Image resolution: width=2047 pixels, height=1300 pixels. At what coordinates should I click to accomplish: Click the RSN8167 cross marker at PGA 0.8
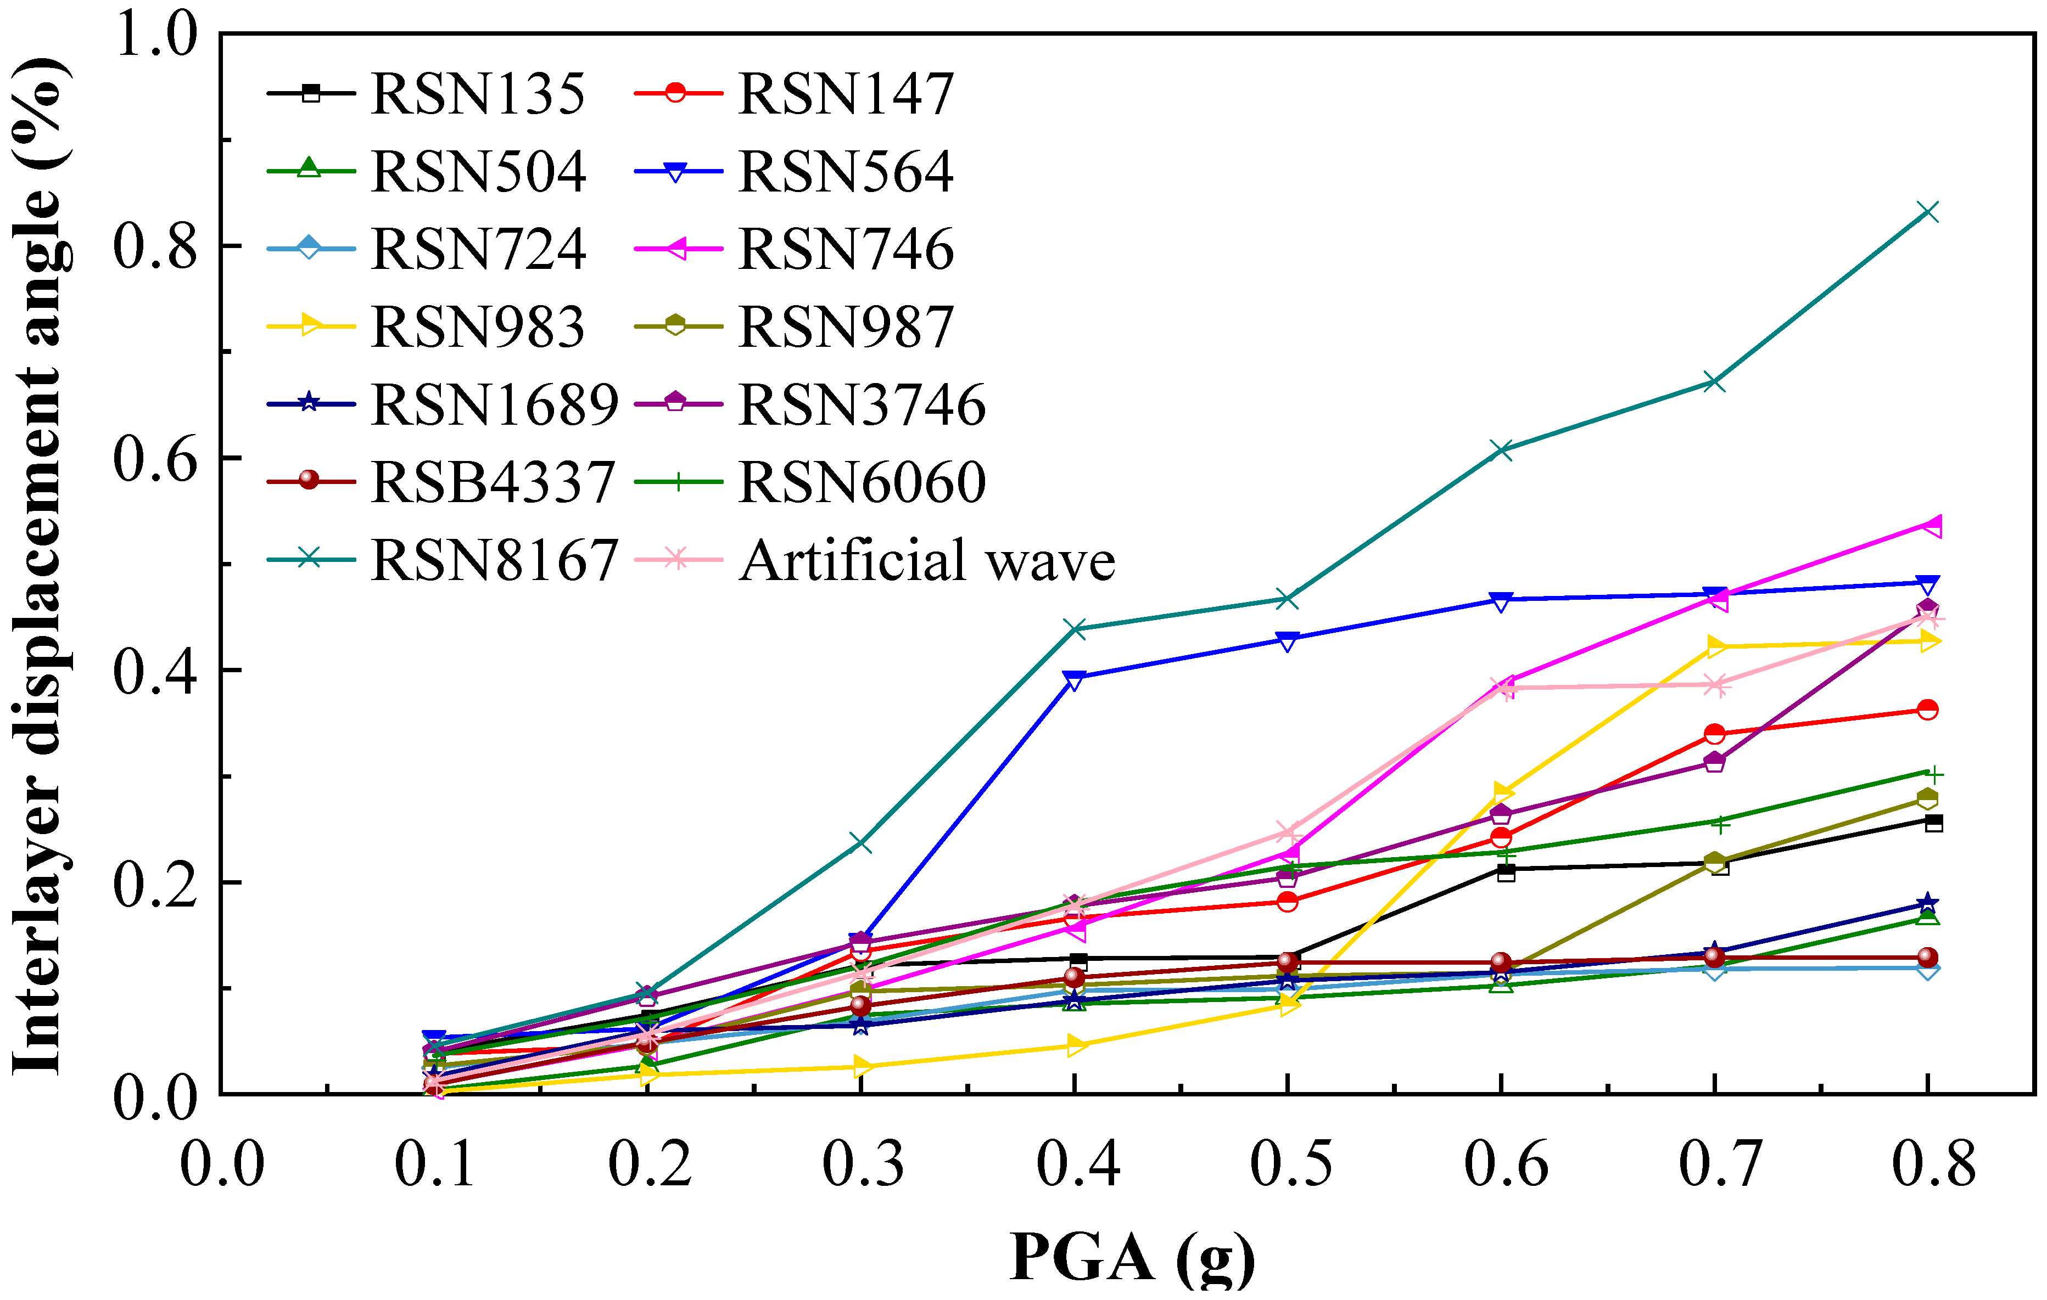1928,212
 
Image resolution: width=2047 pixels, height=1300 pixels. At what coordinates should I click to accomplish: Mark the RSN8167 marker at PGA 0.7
1715,382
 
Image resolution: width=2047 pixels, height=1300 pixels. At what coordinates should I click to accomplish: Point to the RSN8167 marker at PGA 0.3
861,844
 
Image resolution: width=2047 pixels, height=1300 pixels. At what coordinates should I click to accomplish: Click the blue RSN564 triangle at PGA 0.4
1075,679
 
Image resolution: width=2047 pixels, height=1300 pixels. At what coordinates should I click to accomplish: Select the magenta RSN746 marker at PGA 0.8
1928,525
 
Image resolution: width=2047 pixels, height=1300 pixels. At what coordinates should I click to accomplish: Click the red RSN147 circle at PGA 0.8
1928,710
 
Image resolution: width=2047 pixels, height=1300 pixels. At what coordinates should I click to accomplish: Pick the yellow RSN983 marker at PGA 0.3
861,1066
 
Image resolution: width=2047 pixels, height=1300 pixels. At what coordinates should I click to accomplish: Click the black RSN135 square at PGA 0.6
1506,872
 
